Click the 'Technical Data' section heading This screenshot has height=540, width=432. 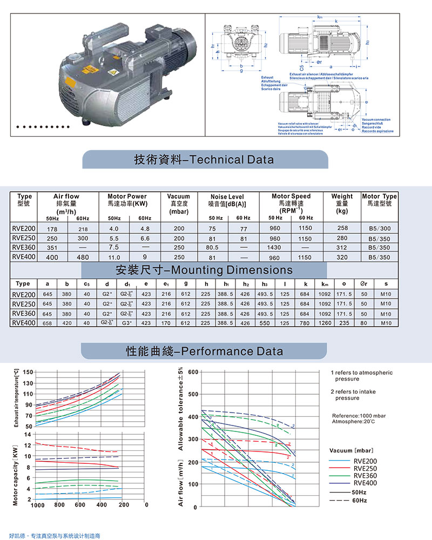[x=204, y=160]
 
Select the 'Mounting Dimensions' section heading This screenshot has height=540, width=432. [x=204, y=270]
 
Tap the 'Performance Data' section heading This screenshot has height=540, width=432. [x=204, y=352]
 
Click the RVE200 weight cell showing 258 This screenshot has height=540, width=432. [x=342, y=228]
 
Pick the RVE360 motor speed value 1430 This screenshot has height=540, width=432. [x=275, y=247]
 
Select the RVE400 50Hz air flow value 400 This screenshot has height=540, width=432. [x=51, y=257]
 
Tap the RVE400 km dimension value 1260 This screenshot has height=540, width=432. [x=326, y=323]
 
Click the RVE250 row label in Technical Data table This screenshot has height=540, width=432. [x=23, y=238]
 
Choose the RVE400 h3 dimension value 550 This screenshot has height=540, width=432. [x=264, y=323]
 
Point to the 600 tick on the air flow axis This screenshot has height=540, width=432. [x=193, y=372]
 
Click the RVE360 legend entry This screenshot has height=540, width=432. [x=365, y=476]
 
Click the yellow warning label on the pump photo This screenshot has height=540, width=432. [x=87, y=70]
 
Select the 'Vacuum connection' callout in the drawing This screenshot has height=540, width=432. [x=376, y=119]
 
